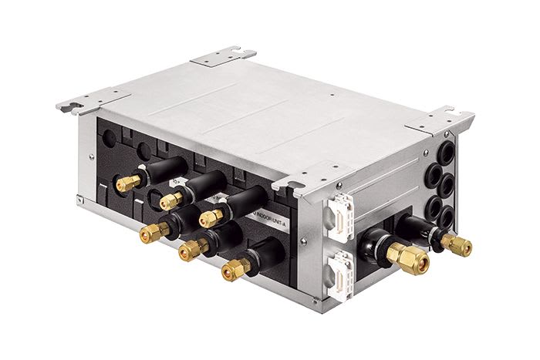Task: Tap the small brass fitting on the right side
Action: tap(457, 244)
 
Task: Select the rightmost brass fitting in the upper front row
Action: tap(211, 218)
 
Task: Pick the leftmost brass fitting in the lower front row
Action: tap(154, 231)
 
